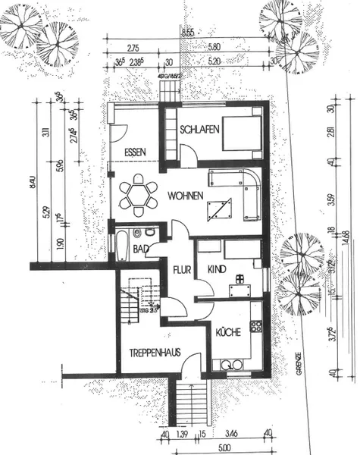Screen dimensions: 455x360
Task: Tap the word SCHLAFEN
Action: coord(200,130)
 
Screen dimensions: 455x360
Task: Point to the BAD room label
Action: coord(140,248)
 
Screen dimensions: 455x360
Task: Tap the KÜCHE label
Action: coord(227,332)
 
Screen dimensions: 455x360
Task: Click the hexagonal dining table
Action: coord(139,195)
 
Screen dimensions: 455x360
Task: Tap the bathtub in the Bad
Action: coord(121,246)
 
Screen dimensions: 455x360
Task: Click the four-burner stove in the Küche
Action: coord(256,328)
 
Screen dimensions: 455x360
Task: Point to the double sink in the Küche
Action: coord(232,366)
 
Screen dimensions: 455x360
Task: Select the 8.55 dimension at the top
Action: coord(188,32)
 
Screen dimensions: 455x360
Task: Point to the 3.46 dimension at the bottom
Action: coord(233,435)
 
